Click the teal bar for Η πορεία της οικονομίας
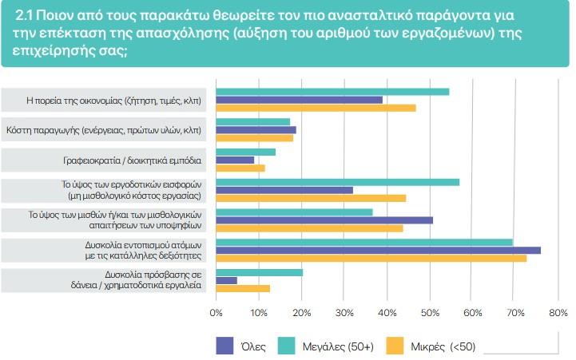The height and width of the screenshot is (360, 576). pos(332,91)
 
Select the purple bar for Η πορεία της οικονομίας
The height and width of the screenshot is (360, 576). pos(300,100)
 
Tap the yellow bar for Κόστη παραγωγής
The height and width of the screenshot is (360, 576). pos(255,138)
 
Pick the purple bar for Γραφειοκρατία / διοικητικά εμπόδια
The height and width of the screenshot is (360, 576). pos(236,160)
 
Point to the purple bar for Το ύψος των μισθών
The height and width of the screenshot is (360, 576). pos(324,220)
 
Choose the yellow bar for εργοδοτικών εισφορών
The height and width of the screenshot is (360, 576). pos(312,198)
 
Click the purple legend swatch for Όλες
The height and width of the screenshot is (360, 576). pos(224,345)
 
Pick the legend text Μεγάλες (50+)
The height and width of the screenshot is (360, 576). pos(334,345)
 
